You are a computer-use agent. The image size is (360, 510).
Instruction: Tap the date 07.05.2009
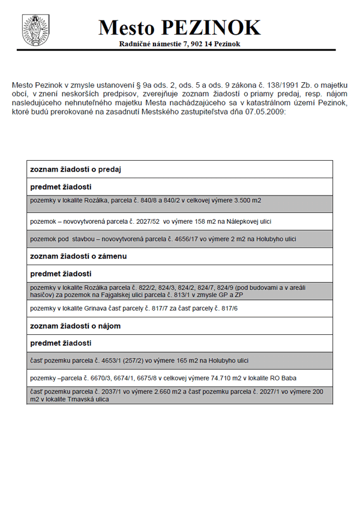coord(268,112)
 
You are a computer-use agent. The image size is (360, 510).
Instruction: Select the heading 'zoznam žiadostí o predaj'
coord(76,170)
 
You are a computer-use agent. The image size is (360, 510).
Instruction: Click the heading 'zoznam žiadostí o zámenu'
coord(79,256)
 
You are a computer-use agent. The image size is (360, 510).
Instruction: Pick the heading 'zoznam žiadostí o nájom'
coord(75,326)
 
